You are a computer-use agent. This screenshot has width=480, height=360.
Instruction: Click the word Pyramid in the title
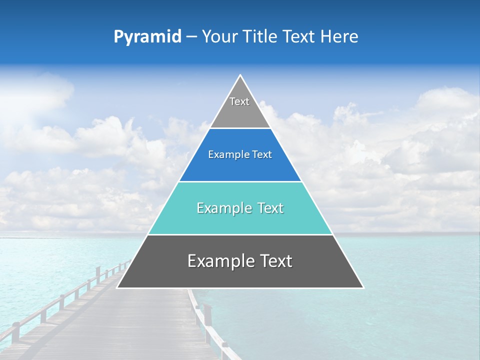147,37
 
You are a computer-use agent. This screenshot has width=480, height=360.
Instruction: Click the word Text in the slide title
299,37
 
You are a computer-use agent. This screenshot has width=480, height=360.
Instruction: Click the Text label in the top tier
239,101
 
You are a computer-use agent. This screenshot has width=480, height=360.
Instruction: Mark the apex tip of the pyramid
240,75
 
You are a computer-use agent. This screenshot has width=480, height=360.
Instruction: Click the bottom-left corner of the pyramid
117,287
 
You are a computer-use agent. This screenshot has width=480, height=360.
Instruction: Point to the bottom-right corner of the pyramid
363,287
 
